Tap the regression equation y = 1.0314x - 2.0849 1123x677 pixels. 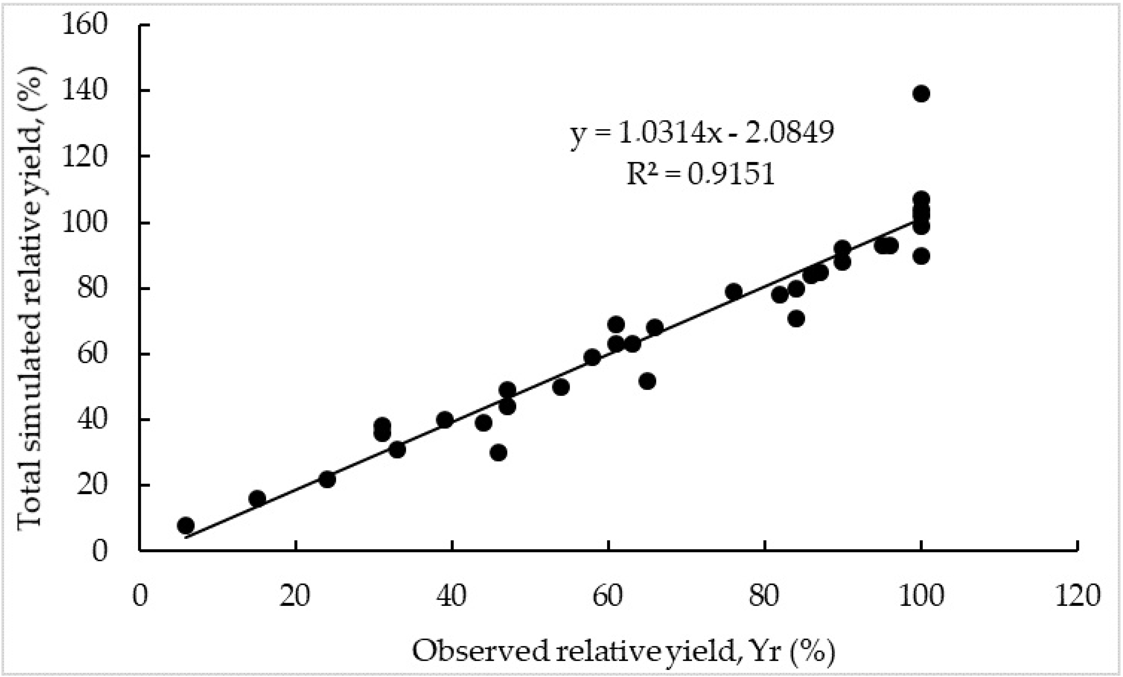coord(702,133)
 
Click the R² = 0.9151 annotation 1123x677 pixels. coord(700,174)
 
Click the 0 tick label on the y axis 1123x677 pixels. coord(99,551)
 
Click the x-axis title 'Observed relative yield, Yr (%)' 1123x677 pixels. coord(623,651)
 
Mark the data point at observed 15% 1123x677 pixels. coord(257,499)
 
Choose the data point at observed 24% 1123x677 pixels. coord(327,480)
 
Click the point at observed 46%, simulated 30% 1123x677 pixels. coord(499,453)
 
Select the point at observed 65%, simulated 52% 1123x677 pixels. coord(647,381)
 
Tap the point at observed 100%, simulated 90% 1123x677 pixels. coord(921,256)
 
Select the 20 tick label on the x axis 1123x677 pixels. coord(295,595)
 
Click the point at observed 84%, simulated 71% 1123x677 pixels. coord(796,319)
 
